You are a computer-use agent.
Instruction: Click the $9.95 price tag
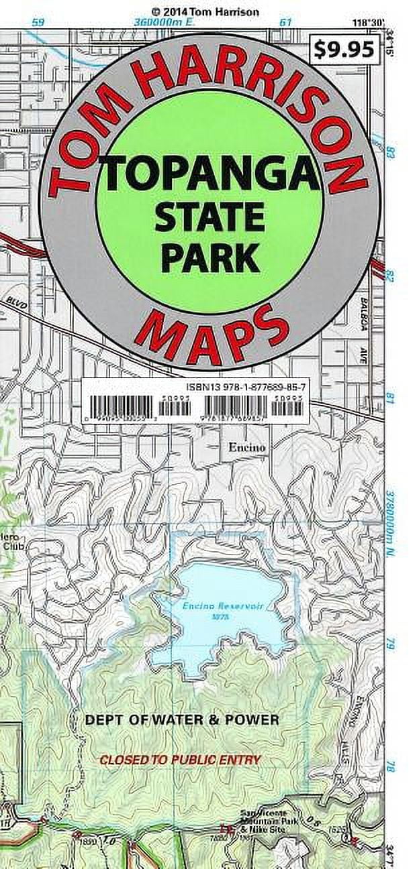(344, 49)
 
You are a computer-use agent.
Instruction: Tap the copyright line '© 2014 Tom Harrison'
(205, 11)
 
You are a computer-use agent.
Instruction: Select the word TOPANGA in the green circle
(209, 174)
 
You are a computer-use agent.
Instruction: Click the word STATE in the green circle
(209, 217)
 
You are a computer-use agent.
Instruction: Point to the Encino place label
(246, 447)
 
